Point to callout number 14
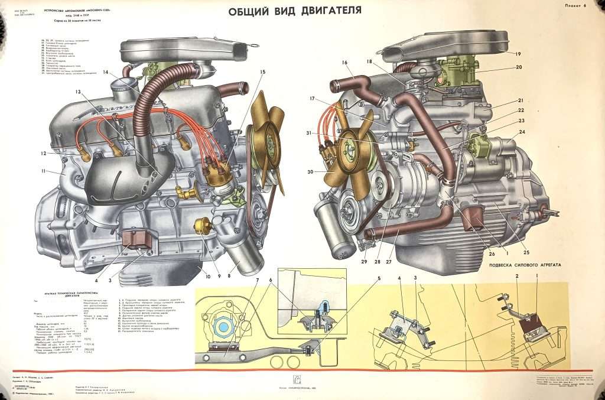click(105, 73)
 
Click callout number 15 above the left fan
click(262, 72)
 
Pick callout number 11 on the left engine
click(43, 171)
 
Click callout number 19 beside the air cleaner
click(518, 54)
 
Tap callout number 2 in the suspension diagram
click(516, 277)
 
